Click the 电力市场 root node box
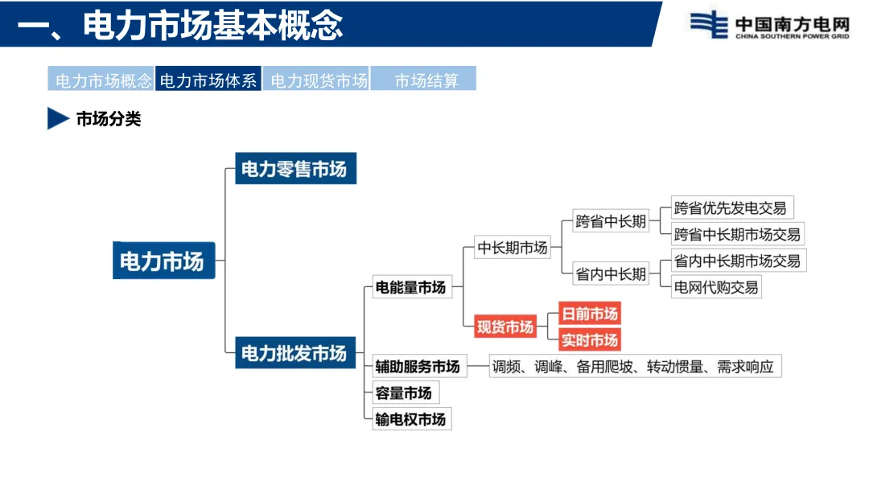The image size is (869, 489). pos(163,261)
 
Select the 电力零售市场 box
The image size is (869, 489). pos(294,170)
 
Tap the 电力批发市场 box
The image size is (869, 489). pos(294,353)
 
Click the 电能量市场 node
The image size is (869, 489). pos(410,287)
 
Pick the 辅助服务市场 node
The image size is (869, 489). pos(418,367)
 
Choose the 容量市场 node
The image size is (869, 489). pos(404,393)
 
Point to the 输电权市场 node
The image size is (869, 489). pos(410,419)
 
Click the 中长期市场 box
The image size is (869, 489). pos(513,248)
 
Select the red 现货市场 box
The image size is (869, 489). pos(505,327)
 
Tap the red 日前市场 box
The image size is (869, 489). pos(590,314)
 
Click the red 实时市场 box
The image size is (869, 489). pos(590,340)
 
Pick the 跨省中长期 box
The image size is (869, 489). pos(611,221)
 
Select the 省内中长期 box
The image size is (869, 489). pos(611,274)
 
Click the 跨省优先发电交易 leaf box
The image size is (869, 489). pos(731,208)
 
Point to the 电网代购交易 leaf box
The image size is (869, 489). pos(716,286)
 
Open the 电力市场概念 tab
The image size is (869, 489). pos(102,80)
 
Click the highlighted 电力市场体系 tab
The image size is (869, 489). pos(208,80)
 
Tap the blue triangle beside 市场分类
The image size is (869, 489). pos(57,119)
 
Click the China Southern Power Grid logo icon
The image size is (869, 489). pos(708,25)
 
